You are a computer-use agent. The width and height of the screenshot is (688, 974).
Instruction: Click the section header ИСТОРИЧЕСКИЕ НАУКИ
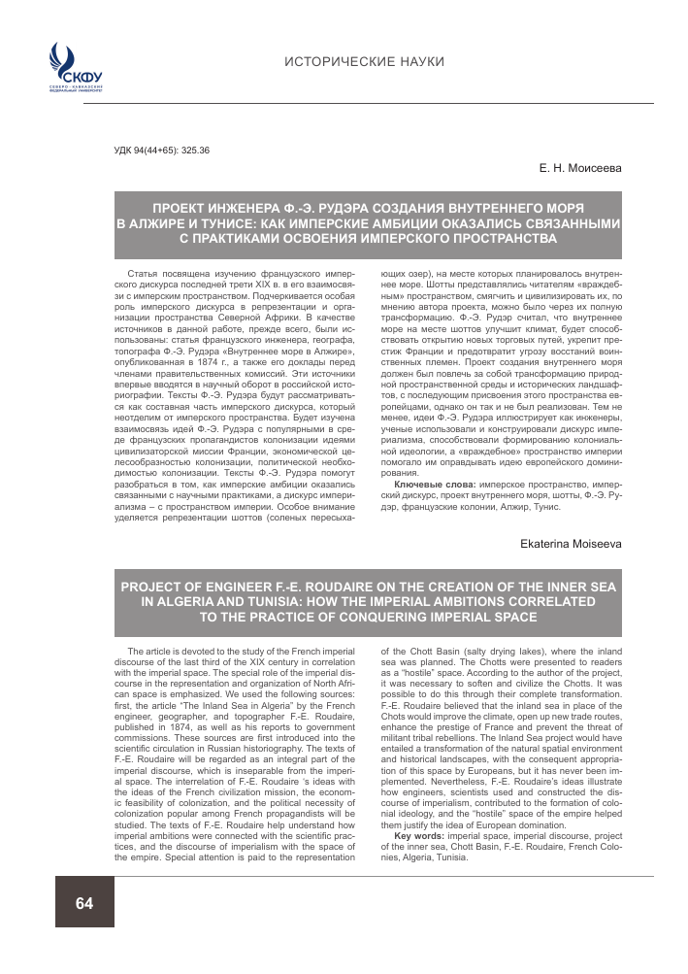click(364, 62)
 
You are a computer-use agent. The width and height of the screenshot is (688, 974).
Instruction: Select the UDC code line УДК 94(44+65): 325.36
click(162, 151)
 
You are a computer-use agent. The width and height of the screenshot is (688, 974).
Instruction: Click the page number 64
click(84, 903)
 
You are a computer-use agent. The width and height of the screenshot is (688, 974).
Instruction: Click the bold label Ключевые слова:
click(424, 482)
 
